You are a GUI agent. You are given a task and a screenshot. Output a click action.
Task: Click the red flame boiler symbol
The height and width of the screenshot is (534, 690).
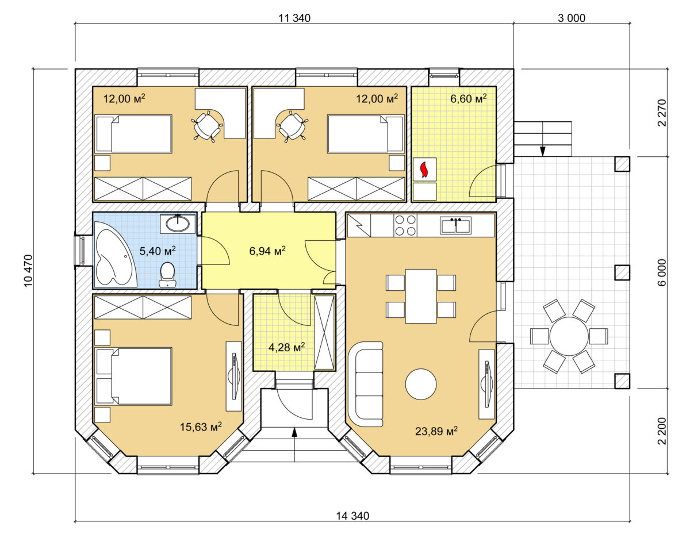point(424,170)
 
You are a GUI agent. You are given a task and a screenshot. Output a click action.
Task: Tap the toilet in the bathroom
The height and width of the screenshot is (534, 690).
point(167,275)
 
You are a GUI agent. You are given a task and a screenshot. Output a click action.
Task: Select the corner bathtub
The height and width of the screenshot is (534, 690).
point(114,254)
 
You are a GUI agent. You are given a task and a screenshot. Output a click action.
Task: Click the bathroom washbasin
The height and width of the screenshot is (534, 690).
point(178,224)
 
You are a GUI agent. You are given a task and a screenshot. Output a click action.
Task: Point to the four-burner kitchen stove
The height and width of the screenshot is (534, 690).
point(405,225)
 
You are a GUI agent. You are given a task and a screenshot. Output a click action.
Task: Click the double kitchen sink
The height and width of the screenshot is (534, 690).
point(455,225)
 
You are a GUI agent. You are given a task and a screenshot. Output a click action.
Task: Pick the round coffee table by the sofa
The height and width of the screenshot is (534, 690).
point(421,384)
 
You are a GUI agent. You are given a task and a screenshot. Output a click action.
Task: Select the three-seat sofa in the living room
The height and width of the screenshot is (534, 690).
point(366,384)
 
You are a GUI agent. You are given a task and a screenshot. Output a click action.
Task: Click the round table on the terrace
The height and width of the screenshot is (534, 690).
point(569,336)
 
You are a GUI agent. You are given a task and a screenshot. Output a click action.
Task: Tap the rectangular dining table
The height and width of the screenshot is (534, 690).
point(421,297)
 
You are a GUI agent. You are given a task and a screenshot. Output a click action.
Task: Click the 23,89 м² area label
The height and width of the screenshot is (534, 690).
point(436,431)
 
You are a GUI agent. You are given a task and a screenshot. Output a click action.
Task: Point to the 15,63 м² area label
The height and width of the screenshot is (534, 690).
point(201,427)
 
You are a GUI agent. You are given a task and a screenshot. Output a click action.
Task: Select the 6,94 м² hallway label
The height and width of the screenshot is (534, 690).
point(267,251)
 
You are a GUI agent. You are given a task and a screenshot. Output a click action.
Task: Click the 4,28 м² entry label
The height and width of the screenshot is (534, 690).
point(286,347)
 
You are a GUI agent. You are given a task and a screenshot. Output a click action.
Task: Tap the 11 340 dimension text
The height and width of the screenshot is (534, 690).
point(294,18)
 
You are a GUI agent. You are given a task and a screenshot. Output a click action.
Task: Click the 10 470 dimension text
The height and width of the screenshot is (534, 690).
point(28,271)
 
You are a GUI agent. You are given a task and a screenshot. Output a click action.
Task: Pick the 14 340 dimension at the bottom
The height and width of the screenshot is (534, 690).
point(353,516)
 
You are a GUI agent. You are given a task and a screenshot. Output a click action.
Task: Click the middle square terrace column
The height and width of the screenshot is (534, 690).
point(622,272)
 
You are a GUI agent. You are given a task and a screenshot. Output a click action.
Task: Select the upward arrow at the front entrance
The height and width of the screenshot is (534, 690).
point(294,444)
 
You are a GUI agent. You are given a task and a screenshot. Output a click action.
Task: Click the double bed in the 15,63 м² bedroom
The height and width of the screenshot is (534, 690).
point(133,377)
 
